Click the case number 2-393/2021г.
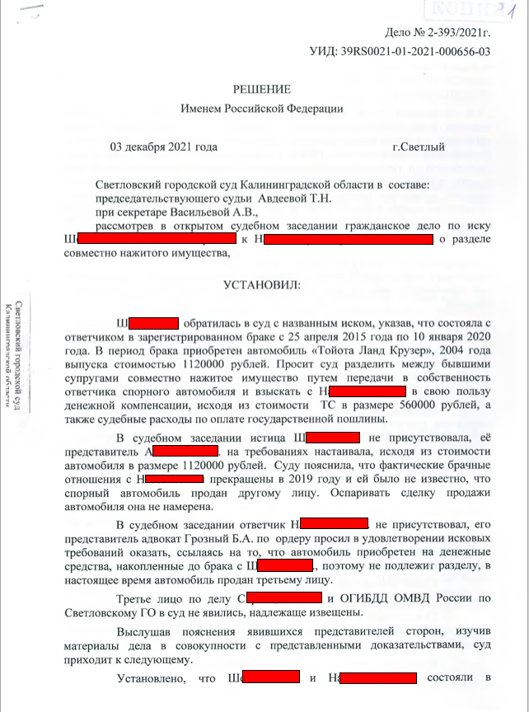coord(456,34)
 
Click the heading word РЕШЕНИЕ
coord(262,89)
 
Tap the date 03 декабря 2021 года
coord(163,148)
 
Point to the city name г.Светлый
coord(419,148)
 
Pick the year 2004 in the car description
coord(438,349)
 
